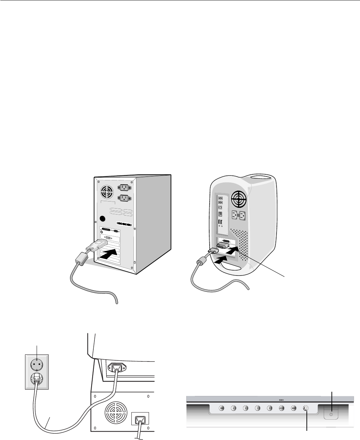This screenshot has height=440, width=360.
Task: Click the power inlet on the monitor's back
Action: [120, 369]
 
